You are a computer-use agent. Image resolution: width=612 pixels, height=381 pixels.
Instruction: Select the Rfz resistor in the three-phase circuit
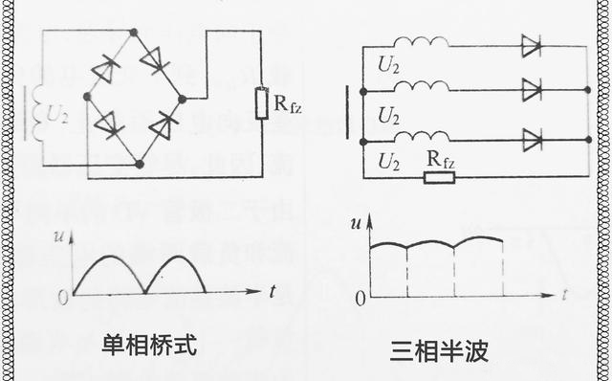(x=440, y=176)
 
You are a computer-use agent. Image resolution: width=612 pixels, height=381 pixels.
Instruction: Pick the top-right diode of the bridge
(x=155, y=59)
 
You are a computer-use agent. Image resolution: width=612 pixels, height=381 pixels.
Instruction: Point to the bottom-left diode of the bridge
(x=105, y=123)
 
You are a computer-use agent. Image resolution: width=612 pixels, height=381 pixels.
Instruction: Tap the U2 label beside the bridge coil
(x=57, y=112)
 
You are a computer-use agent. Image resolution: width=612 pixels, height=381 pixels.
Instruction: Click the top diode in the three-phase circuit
(x=532, y=45)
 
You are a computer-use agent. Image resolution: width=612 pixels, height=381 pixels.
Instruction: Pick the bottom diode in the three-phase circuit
(x=532, y=140)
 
